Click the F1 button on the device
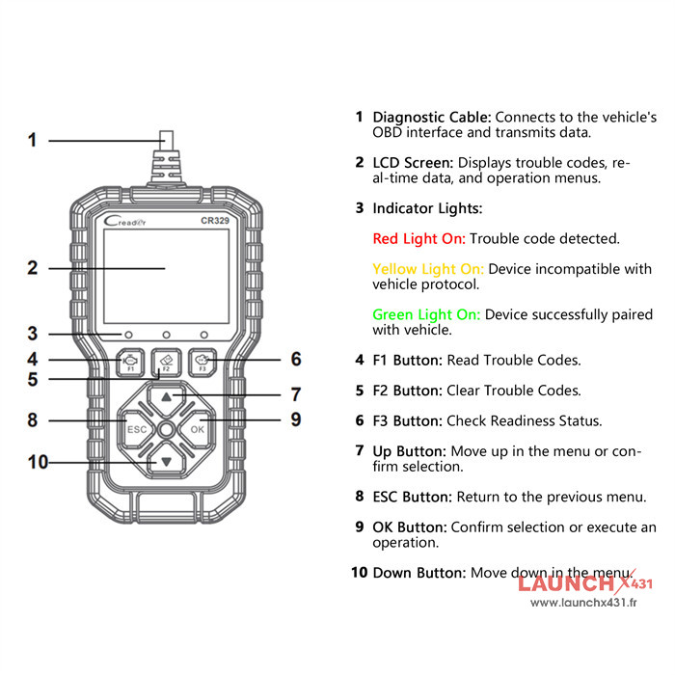coord(129,362)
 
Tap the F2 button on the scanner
coord(166,362)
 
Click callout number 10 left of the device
coord(38,462)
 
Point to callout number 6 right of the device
coord(296,360)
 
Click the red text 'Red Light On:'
coord(418,238)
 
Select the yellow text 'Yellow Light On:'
coord(428,269)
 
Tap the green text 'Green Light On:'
coord(426,314)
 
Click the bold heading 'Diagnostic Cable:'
coord(432,117)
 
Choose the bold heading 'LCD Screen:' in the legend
coord(413,163)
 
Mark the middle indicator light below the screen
coord(166,334)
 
